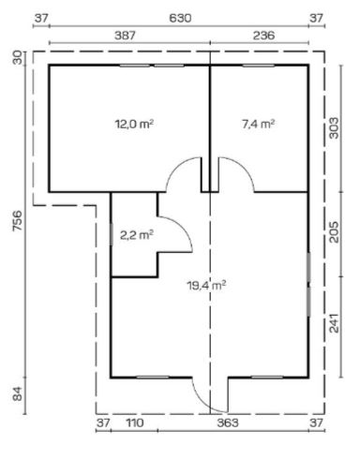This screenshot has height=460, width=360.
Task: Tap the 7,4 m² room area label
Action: tap(258, 124)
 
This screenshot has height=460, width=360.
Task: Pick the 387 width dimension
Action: tap(125, 34)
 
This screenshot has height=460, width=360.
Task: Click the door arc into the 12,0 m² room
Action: tap(182, 172)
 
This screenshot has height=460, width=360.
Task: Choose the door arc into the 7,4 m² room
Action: tap(235, 172)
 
